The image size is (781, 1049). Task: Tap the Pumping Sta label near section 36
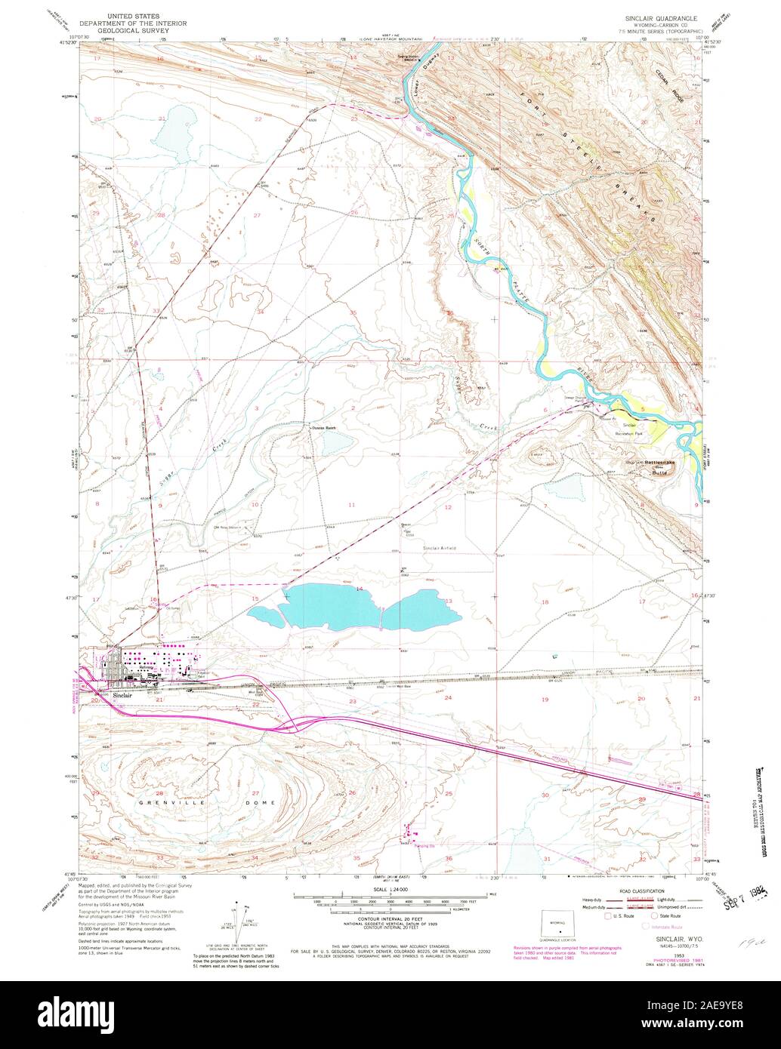pyautogui.click(x=424, y=846)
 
